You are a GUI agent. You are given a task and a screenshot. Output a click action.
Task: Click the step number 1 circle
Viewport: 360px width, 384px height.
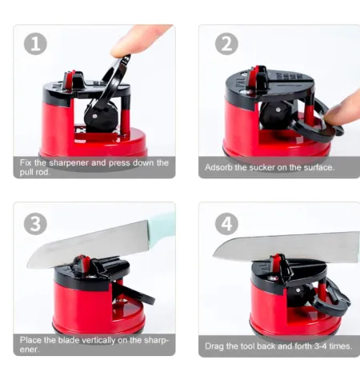[x=35, y=44]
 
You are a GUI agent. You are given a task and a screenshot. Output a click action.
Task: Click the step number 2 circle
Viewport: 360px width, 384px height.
[x=226, y=44]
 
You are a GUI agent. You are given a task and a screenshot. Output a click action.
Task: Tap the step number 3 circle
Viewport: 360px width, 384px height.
[x=35, y=223]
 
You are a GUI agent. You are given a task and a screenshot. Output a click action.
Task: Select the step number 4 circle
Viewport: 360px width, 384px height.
[x=226, y=223]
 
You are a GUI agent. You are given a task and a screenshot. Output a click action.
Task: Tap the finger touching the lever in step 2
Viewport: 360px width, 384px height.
[x=342, y=110]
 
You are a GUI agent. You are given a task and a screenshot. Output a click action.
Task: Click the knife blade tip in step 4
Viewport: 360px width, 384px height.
[x=214, y=256]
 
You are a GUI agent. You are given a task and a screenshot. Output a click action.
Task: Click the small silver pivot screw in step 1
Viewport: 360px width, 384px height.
[x=94, y=116]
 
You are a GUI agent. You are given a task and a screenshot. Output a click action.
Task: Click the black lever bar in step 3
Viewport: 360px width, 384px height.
[x=134, y=294]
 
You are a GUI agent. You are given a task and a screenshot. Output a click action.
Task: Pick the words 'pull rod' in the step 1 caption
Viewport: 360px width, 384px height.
[x=34, y=172]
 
